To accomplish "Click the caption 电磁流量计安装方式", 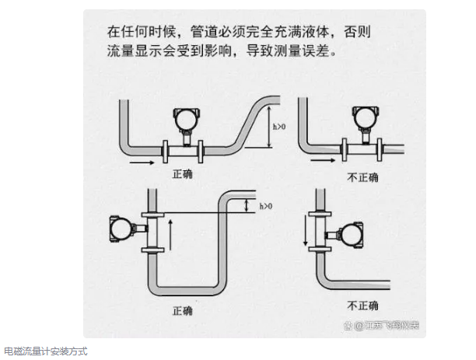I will click(x=45, y=351).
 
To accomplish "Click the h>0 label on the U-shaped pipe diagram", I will click(x=264, y=205).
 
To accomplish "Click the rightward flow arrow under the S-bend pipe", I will click(x=142, y=164).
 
